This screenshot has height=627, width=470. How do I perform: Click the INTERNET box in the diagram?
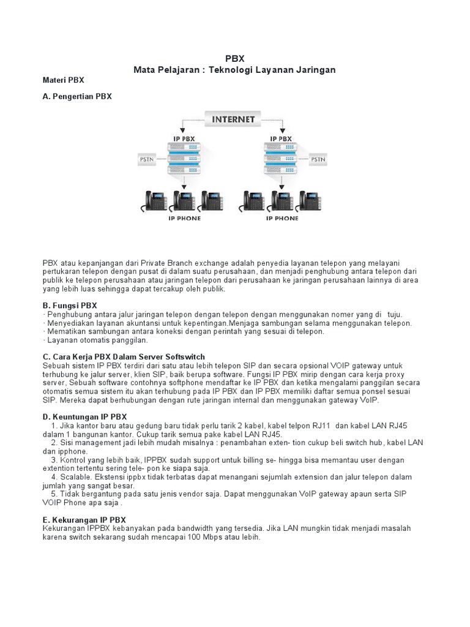(233, 119)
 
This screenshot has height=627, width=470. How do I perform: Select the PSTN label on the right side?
(318, 159)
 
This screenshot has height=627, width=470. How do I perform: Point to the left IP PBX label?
(184, 139)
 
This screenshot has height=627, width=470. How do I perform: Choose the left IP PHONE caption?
(184, 218)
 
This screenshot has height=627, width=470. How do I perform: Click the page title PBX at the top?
(234, 59)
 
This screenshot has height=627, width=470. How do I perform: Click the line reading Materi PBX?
(64, 80)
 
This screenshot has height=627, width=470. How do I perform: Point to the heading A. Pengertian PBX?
(77, 97)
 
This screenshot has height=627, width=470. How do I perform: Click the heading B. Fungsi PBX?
(70, 305)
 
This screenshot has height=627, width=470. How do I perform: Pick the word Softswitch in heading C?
(183, 356)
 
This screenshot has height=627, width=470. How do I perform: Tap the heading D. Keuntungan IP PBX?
(84, 417)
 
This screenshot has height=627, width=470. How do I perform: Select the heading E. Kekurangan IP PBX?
(84, 519)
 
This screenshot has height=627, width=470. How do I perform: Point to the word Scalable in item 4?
(76, 477)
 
